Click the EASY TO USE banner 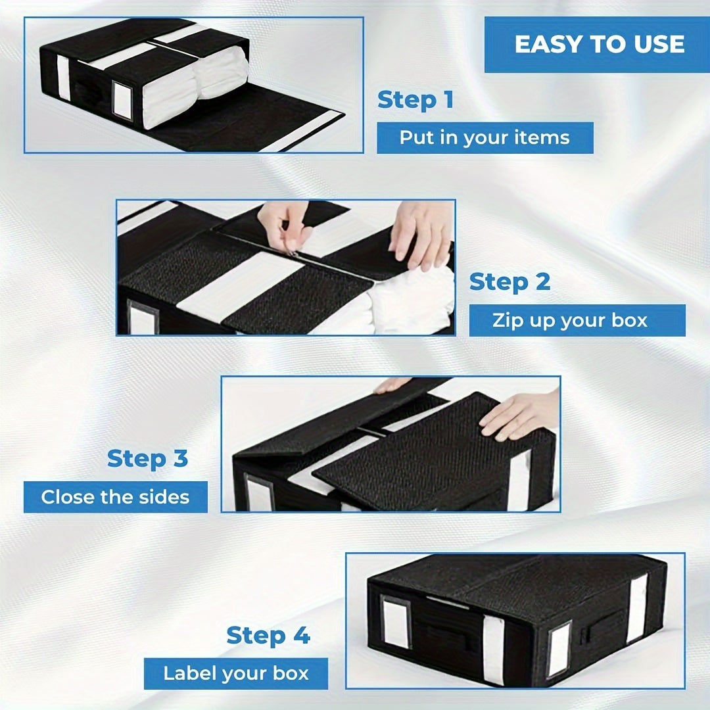(x=598, y=45)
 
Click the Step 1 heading (x=415, y=101)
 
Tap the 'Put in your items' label (x=485, y=138)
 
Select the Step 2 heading (x=509, y=282)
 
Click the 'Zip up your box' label (x=569, y=321)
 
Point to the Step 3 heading (x=147, y=458)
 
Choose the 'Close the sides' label (x=115, y=497)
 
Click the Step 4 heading (x=268, y=636)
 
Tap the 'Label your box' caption (x=236, y=674)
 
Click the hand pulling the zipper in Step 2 (x=284, y=224)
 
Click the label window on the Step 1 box (x=122, y=101)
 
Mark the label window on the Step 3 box (x=258, y=494)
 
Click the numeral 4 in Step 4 (x=300, y=636)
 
